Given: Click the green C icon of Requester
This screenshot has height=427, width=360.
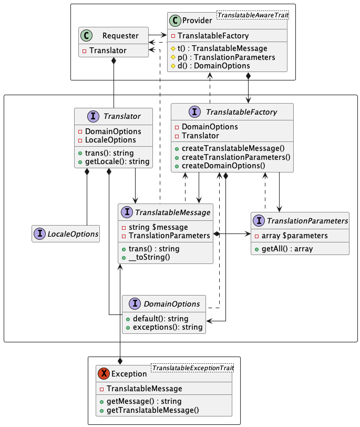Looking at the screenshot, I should point(87,36).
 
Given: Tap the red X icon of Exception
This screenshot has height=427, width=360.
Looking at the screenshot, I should point(104,373).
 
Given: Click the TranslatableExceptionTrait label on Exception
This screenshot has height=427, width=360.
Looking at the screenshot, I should point(192,369).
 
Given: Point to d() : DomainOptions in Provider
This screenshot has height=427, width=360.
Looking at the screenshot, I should point(213,65).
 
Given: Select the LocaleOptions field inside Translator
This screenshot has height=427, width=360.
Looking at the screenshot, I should point(110,140).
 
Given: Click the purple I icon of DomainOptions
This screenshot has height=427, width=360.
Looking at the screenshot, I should point(135,303).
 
